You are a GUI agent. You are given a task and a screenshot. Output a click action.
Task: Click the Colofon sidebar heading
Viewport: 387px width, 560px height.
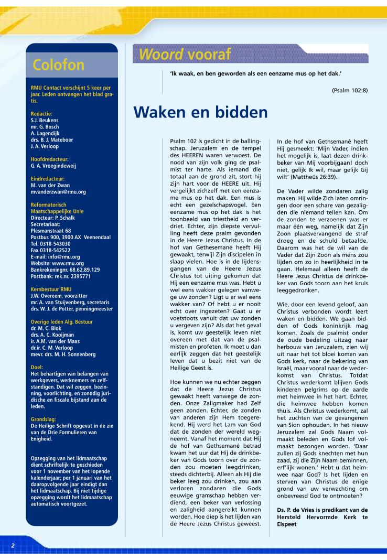pos(58,64)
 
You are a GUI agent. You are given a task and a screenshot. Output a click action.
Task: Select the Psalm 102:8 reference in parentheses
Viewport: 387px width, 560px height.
pos(350,91)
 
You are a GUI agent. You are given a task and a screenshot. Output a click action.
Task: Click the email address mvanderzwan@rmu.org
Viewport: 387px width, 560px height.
pos(58,192)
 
